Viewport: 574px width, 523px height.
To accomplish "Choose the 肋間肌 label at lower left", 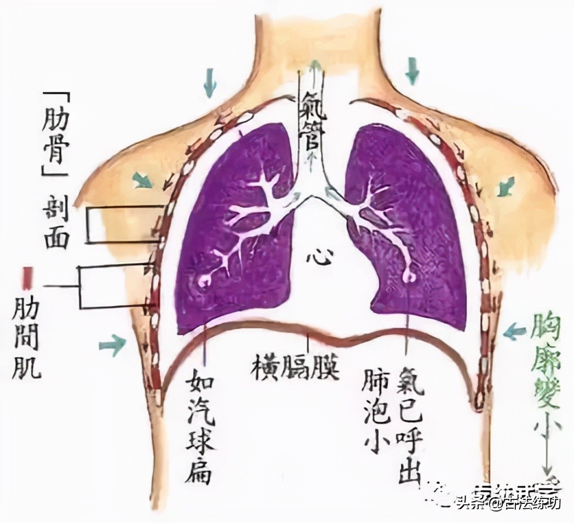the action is (26, 338).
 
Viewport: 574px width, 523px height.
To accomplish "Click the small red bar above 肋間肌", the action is (26, 277).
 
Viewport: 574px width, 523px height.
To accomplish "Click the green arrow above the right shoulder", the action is (411, 71).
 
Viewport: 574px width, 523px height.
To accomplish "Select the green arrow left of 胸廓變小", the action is (514, 331).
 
